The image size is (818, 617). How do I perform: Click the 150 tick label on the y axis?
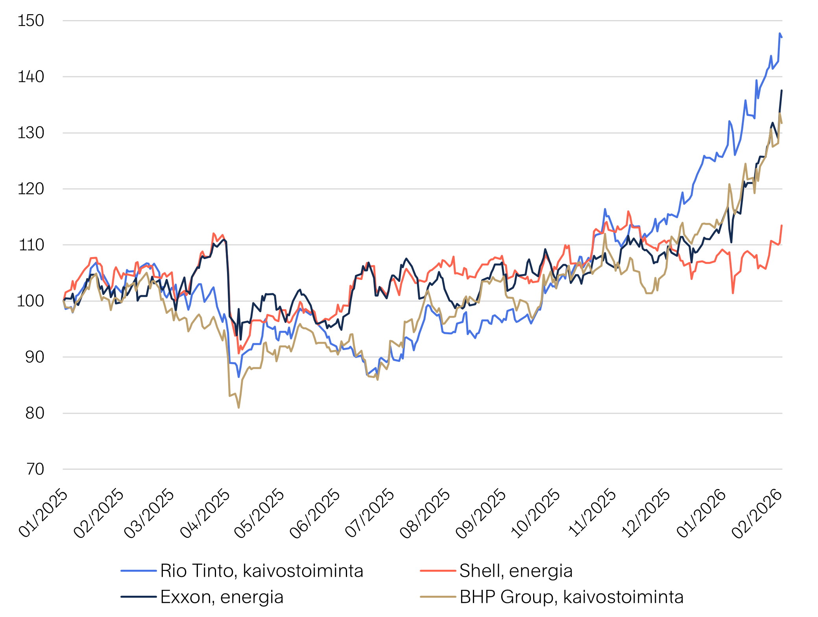[31, 20]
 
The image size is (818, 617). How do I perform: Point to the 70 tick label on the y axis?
[35, 469]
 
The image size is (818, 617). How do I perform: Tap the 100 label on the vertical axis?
[30, 301]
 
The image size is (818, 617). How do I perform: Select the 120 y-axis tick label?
[31, 189]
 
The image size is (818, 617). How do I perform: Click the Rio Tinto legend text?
[262, 571]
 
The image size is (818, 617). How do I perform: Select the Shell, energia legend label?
[516, 571]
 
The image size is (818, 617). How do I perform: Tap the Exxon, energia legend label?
[222, 597]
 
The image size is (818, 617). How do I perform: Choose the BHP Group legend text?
[571, 597]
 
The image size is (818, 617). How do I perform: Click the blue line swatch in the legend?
[138, 571]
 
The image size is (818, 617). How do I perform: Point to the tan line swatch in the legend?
[438, 597]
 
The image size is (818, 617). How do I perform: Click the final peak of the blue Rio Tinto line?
[780, 34]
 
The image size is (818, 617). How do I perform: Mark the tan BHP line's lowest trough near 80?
[239, 408]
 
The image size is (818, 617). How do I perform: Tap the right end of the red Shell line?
[782, 226]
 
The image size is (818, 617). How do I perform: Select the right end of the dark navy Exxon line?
[782, 91]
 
